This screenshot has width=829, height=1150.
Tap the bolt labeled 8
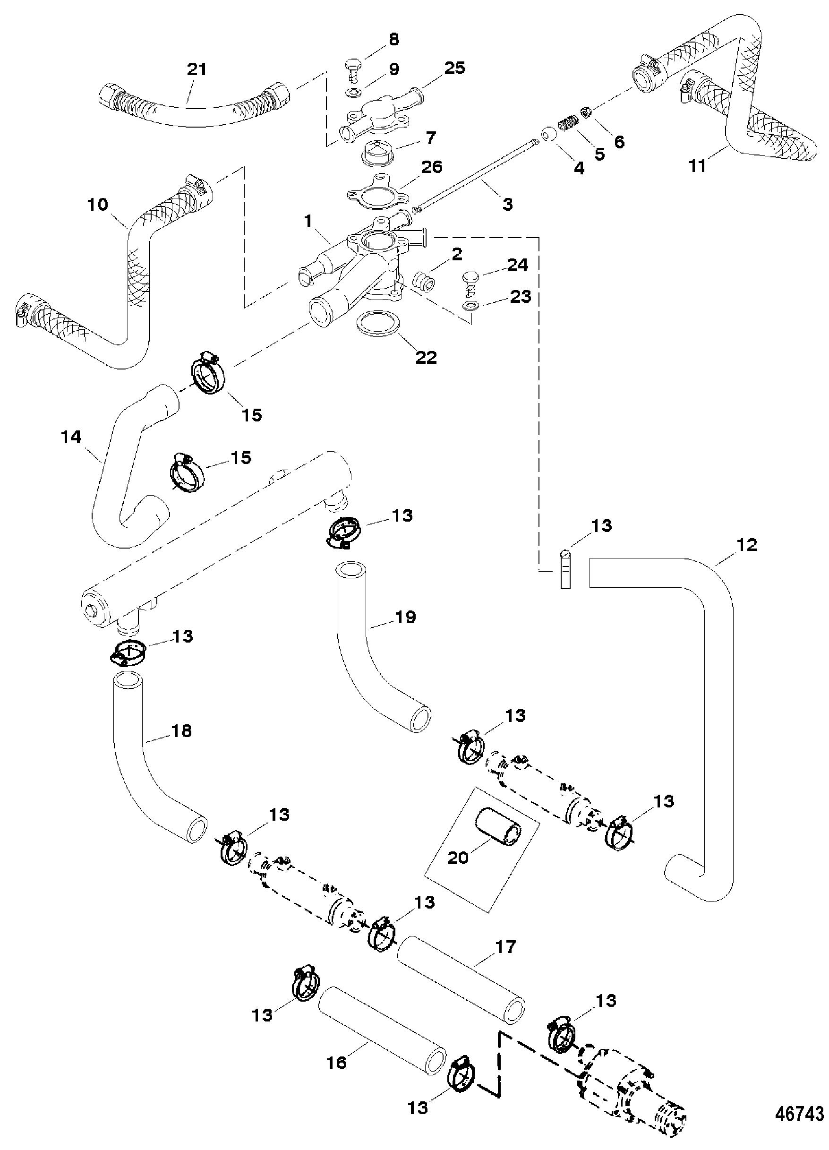(352, 67)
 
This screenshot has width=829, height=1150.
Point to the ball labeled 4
(548, 136)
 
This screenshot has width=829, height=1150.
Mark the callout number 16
(337, 1062)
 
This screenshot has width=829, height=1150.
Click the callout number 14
(71, 437)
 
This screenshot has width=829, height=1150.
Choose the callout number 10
(98, 205)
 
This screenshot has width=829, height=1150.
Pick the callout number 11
(698, 165)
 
